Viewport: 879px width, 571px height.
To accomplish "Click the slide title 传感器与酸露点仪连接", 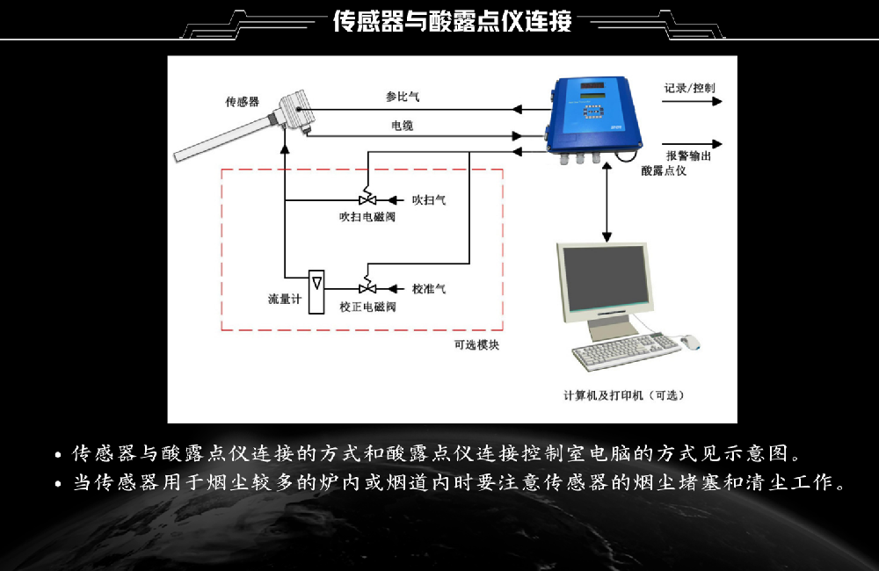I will tap(452, 22).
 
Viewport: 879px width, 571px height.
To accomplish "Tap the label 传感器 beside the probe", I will tap(242, 102).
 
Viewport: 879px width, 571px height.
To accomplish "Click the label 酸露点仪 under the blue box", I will tap(664, 170).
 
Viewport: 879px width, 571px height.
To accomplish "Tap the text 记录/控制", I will tap(689, 88).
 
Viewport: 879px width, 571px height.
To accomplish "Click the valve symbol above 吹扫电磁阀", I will tap(367, 200).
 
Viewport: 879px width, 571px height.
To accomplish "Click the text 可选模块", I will tap(476, 345).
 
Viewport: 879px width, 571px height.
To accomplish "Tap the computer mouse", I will tap(691, 341).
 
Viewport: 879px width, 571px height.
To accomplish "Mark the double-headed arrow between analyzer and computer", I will tap(607, 202).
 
